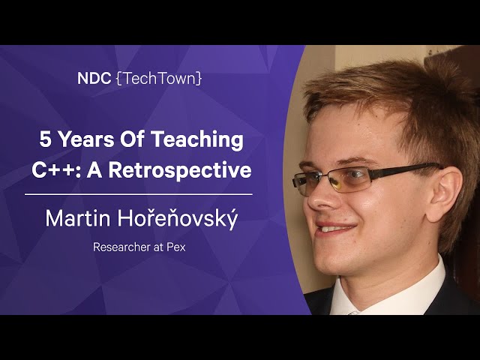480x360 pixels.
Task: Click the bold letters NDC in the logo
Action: (94, 78)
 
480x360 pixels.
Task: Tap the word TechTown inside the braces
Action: (159, 78)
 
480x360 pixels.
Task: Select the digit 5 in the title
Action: (44, 139)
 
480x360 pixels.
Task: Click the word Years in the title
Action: (85, 139)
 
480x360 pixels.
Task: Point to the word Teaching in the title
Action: (197, 140)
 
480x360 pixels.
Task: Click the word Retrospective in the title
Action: (180, 171)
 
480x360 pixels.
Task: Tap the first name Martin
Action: (78, 218)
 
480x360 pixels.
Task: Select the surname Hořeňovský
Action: (178, 218)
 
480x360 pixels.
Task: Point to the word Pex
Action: (176, 247)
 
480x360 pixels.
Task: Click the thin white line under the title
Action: (138, 194)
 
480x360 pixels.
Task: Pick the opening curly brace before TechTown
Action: (118, 79)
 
